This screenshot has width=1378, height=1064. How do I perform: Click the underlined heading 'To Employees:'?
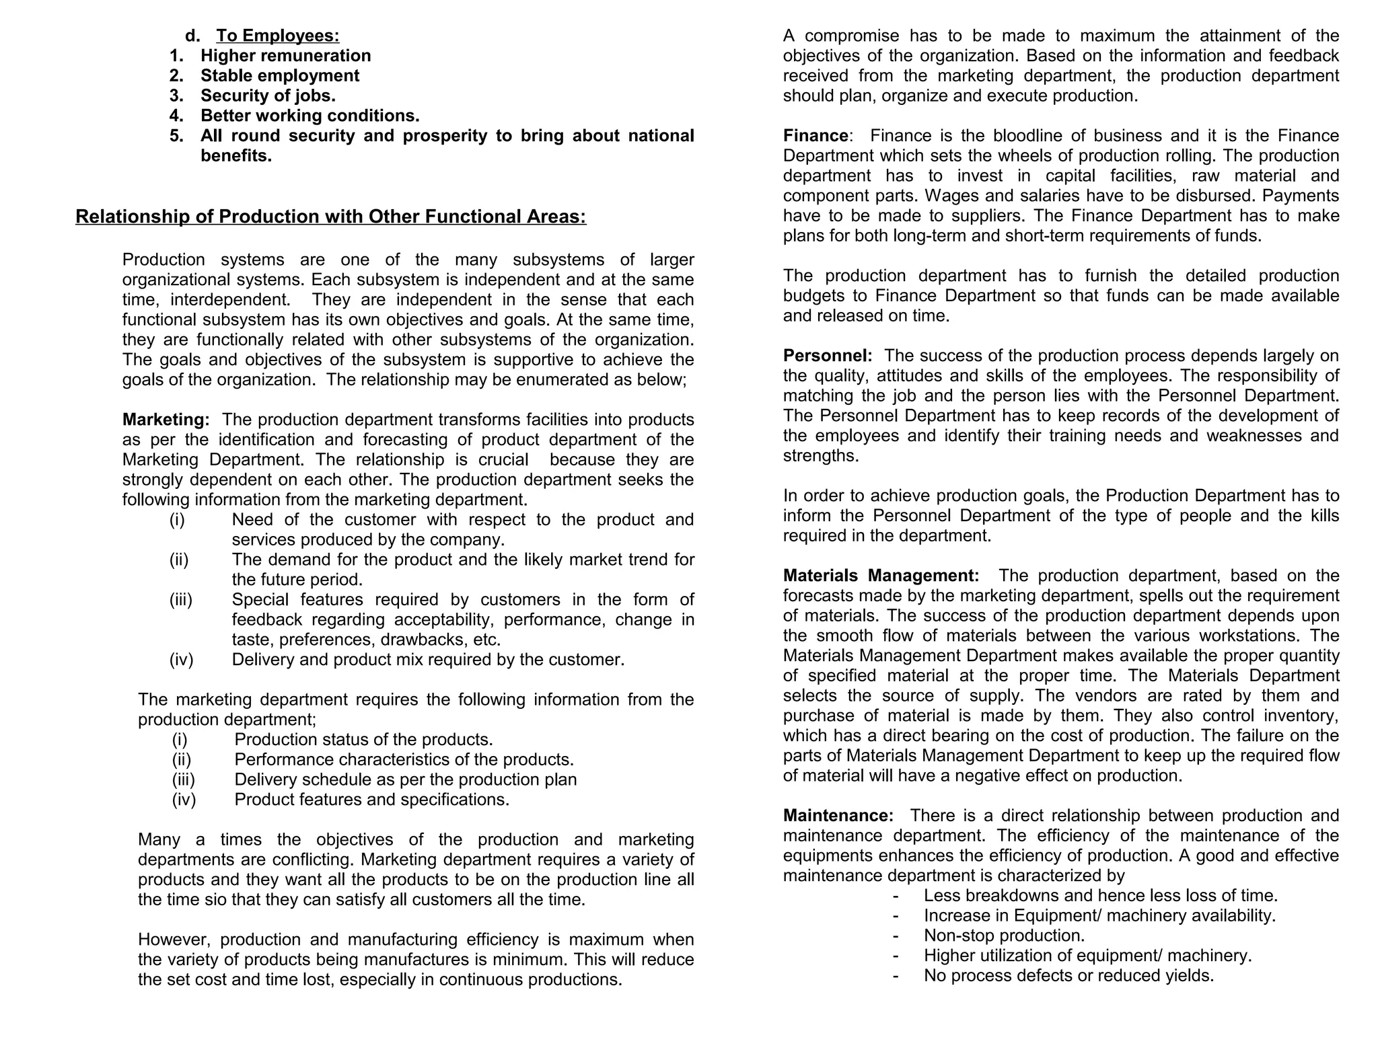(x=277, y=36)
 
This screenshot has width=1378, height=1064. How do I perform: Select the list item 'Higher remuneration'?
(x=285, y=56)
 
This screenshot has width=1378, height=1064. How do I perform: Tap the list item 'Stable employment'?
(x=280, y=76)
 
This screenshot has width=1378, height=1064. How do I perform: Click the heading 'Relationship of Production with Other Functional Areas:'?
(x=330, y=217)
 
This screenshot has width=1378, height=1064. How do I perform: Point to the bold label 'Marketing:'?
(x=166, y=420)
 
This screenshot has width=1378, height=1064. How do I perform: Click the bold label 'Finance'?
(x=815, y=136)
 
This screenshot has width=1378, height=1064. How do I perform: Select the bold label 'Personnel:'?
(x=827, y=356)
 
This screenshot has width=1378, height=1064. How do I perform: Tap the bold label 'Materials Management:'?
(x=881, y=576)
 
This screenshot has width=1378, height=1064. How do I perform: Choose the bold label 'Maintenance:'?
(x=838, y=816)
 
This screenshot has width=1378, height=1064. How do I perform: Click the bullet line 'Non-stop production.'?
(x=1004, y=936)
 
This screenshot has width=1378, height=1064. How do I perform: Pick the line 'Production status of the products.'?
(x=363, y=740)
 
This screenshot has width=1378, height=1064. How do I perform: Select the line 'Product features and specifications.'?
(x=371, y=800)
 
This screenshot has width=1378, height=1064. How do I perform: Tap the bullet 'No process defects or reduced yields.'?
(x=1068, y=976)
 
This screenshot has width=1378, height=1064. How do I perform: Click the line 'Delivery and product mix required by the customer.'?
(x=428, y=660)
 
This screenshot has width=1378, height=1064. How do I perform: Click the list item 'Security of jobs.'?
(x=268, y=96)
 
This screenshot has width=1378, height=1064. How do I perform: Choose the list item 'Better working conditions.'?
(x=310, y=116)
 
